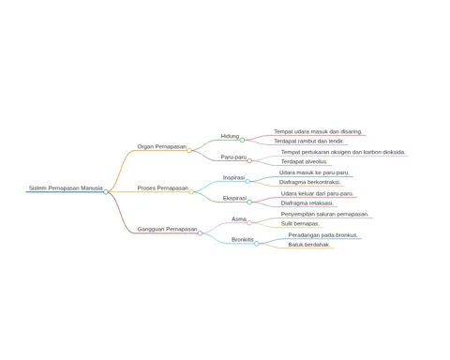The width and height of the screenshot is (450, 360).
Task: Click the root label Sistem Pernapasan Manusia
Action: pos(66,187)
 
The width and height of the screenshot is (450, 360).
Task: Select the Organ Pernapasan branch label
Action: pos(162,146)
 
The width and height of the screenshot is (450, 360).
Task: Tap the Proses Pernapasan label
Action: pos(163,187)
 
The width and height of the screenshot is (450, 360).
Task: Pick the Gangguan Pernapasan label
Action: pos(167,229)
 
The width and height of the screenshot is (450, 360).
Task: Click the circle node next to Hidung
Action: pos(242,140)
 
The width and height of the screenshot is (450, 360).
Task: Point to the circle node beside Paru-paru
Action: pos(249,161)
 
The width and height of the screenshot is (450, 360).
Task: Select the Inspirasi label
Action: pos(233,177)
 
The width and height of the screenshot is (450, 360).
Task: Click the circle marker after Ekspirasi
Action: pos(249,202)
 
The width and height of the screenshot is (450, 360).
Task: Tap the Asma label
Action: pos(239,219)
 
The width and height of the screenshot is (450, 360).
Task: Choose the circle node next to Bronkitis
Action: pos(257,244)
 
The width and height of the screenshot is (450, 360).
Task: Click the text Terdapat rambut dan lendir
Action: pos(309,142)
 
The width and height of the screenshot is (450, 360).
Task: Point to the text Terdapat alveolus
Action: pos(304,161)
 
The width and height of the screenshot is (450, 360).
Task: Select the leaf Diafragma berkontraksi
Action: pos(309,182)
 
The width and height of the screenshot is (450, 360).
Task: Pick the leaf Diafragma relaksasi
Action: pos(307,203)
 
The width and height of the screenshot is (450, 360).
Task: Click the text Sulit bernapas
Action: pos(300,224)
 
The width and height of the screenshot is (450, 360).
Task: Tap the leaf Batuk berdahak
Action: pos(309,245)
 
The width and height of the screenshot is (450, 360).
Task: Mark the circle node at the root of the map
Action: pos(106,192)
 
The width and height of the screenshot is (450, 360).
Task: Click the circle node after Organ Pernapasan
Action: pos(189,150)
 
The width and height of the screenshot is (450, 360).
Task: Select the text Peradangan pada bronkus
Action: pos(322,235)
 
